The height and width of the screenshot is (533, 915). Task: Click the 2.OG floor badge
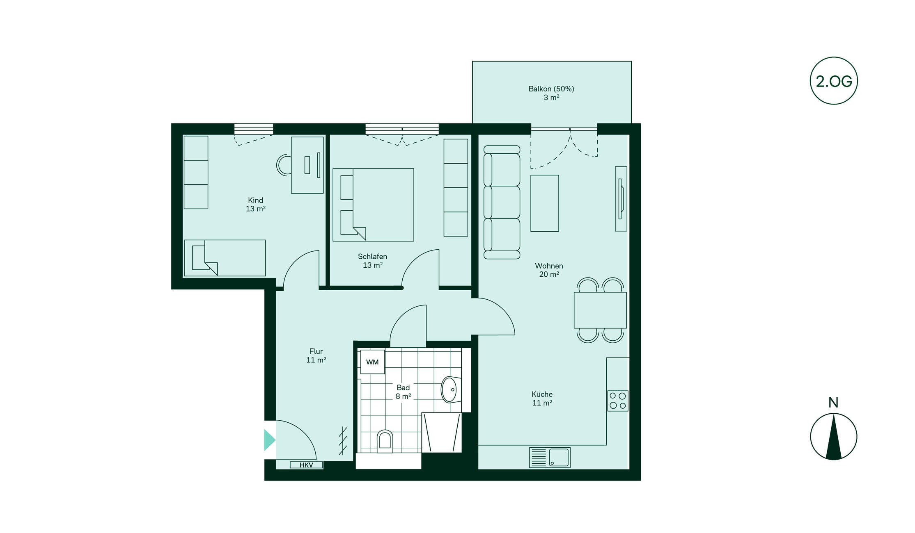834,81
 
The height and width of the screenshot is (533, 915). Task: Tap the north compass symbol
834,436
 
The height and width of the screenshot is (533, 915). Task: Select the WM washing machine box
372,362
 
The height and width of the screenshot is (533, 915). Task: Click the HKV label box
306,465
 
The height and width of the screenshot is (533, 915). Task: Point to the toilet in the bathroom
385,441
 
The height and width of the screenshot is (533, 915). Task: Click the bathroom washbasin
451,389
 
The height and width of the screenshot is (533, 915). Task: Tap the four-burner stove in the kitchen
618,401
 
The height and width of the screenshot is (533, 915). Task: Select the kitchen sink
550,458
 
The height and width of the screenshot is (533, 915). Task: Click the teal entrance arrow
270,440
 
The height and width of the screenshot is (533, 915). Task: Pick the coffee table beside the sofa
545,203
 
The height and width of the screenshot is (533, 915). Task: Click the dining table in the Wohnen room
600,310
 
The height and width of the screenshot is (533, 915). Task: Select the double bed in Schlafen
373,205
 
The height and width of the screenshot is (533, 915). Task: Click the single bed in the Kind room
225,258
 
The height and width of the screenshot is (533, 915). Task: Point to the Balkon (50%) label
551,89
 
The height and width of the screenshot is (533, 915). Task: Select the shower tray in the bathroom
442,433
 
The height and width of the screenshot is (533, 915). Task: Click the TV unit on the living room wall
621,199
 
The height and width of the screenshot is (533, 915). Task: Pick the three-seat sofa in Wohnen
502,202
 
